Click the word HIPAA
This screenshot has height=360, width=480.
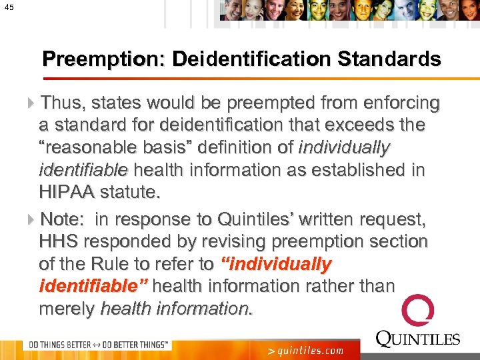(67, 193)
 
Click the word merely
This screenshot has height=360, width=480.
(67, 309)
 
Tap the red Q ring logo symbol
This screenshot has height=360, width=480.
(418, 311)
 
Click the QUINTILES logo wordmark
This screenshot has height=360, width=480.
(418, 339)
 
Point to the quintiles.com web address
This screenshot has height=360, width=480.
(306, 350)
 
